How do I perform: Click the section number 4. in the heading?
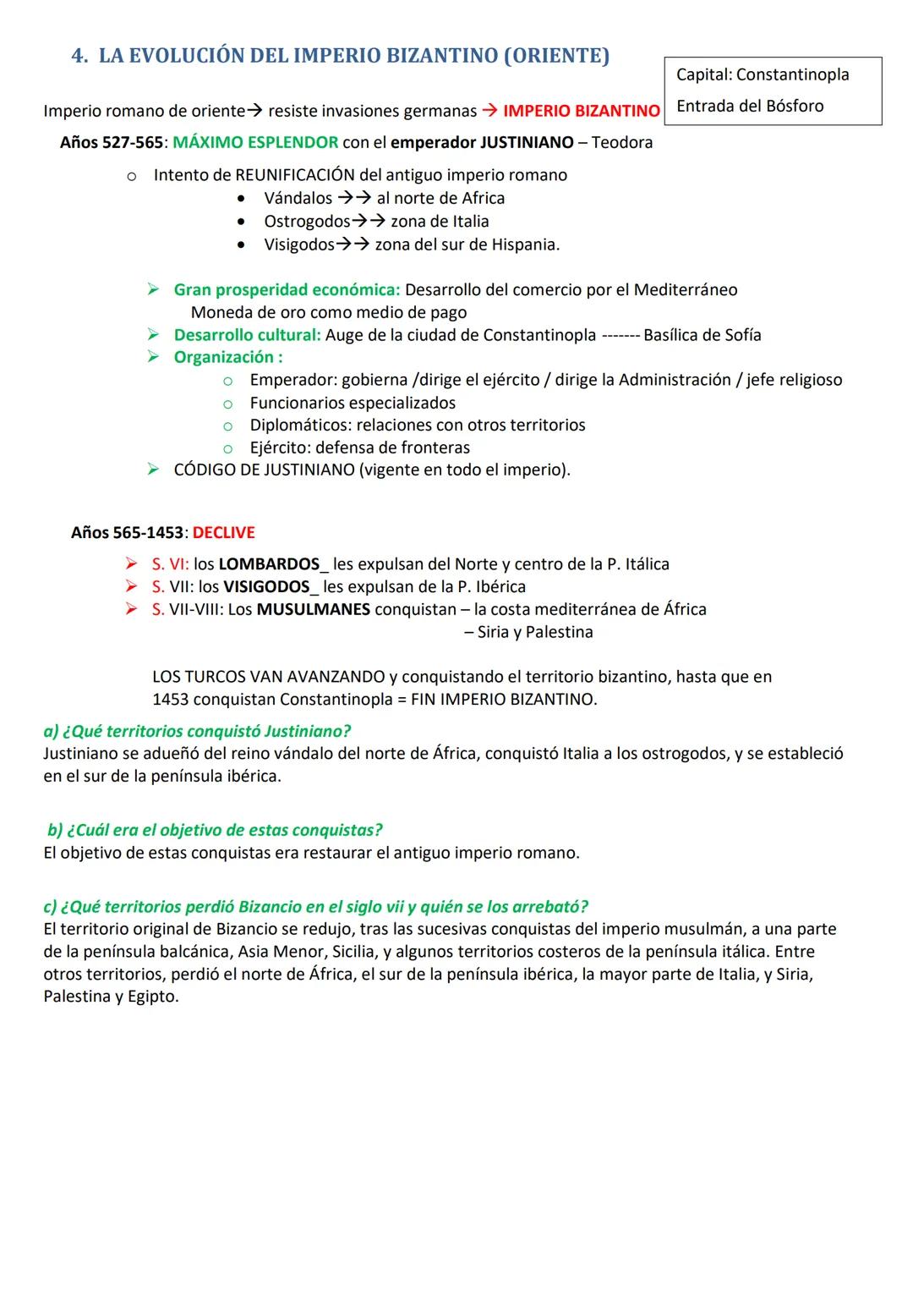pyautogui.click(x=80, y=56)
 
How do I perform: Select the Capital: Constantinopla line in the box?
pyautogui.click(x=763, y=74)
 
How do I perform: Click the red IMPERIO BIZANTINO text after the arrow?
pyautogui.click(x=581, y=111)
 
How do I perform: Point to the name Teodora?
pyautogui.click(x=622, y=142)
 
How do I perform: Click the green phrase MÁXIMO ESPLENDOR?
pyautogui.click(x=255, y=142)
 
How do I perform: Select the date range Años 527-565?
pyautogui.click(x=111, y=142)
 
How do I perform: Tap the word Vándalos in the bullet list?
pyautogui.click(x=298, y=198)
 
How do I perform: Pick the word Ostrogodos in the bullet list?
pyautogui.click(x=307, y=221)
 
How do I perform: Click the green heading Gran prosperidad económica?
pyautogui.click(x=287, y=289)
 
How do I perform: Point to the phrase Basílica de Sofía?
pyautogui.click(x=702, y=335)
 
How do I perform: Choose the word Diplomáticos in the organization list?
pyautogui.click(x=300, y=425)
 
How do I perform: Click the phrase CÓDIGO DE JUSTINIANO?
pyautogui.click(x=264, y=470)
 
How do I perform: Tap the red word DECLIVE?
pyautogui.click(x=223, y=532)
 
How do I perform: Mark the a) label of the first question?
pyautogui.click(x=51, y=731)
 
